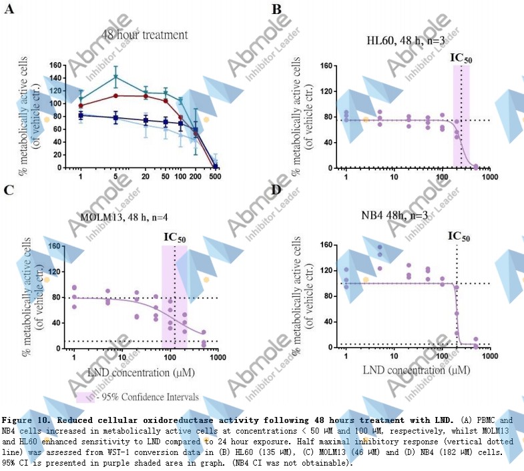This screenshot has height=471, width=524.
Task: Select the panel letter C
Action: [9, 190]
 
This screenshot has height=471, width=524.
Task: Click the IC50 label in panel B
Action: [461, 57]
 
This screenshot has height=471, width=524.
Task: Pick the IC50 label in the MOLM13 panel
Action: [175, 237]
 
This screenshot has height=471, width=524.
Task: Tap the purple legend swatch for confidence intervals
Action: [84, 396]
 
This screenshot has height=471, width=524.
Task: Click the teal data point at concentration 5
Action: [115, 77]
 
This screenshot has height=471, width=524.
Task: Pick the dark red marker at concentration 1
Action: [81, 105]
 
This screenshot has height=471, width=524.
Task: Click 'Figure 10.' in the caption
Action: [26, 421]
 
